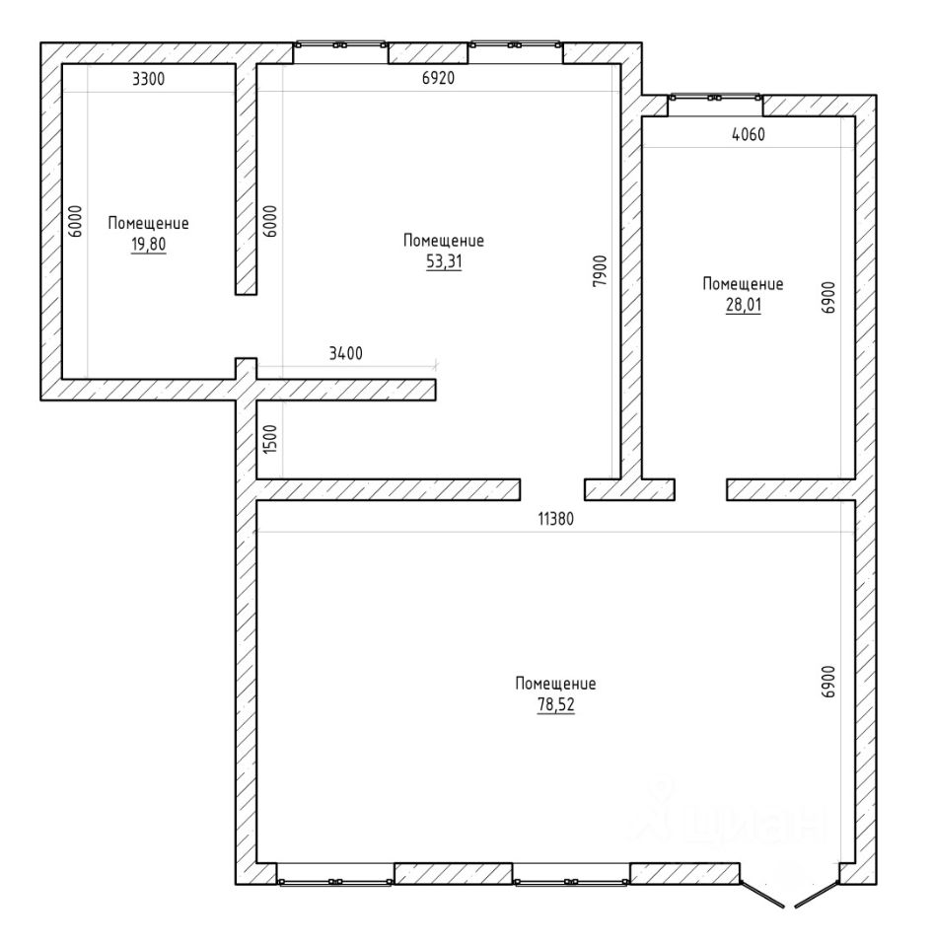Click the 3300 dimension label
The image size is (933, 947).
point(148,79)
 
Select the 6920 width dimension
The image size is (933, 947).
point(439,78)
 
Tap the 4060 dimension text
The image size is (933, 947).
point(749,134)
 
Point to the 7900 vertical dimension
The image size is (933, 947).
point(601,270)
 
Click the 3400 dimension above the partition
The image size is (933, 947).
point(345,353)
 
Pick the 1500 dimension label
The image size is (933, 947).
point(270,439)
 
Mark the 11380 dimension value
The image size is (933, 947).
point(555,518)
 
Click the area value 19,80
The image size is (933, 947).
point(149,245)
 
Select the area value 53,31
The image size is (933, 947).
point(444,261)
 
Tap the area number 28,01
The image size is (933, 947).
point(744,305)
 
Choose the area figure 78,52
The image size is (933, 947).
point(555,704)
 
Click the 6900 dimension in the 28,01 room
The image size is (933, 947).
point(827,297)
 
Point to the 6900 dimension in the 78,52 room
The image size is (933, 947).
point(827,682)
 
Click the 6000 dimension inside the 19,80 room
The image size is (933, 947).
point(75,221)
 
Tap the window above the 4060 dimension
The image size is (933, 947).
point(715,98)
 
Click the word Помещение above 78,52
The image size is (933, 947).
point(555,684)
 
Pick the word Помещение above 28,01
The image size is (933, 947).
point(743,284)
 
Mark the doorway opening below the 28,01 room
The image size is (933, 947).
point(700,490)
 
